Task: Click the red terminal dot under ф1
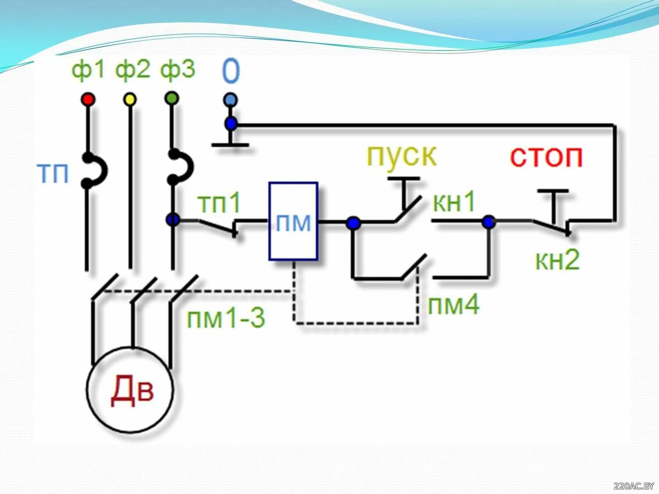pos(88,99)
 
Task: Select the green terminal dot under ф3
pos(172,98)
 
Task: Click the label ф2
pos(132,70)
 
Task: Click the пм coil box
pos(293,221)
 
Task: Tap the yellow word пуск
pos(402,155)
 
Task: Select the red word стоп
pos(546,156)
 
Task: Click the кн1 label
pos(454,202)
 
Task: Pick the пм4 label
pos(453,304)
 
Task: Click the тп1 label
pos(219,203)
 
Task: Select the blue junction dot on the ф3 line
pos(173,220)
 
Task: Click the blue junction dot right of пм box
pos(353,223)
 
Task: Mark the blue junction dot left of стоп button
pos(489,222)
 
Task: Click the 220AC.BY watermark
pos(634,486)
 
